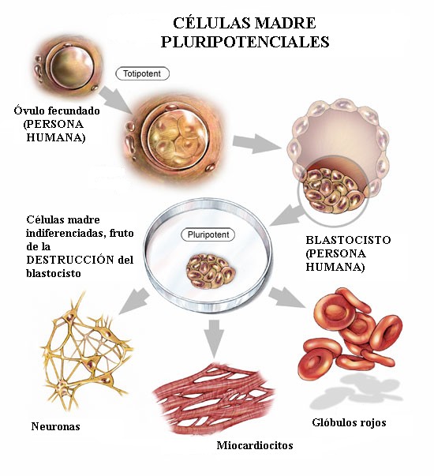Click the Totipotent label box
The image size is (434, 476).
pyautogui.click(x=142, y=73)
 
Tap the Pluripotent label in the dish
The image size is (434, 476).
pyautogui.click(x=208, y=234)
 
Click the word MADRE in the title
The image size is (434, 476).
pyautogui.click(x=286, y=23)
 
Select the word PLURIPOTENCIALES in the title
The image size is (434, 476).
pyautogui.click(x=245, y=42)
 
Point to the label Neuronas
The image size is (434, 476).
pyautogui.click(x=55, y=426)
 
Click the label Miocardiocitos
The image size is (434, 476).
pyautogui.click(x=255, y=445)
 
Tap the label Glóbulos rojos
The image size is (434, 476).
pyautogui.click(x=349, y=422)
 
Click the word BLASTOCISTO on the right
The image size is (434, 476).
pyautogui.click(x=348, y=240)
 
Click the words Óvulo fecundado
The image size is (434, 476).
pyautogui.click(x=57, y=111)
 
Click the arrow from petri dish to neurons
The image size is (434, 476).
pyautogui.click(x=133, y=301)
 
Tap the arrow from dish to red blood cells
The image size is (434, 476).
pyautogui.click(x=286, y=297)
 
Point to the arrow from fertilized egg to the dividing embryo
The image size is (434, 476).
pyautogui.click(x=116, y=99)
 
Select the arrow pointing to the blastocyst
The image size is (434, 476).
pyautogui.click(x=257, y=144)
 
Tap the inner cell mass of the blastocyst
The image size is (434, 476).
pyautogui.click(x=334, y=191)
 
